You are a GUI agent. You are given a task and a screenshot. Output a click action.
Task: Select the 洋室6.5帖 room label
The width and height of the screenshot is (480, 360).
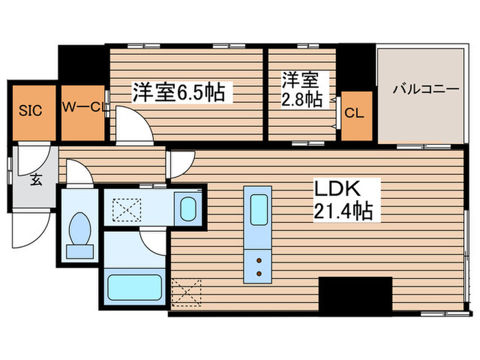coord(179,92)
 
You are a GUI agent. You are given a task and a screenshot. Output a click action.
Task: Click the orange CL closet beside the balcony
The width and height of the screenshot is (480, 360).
coord(355,114)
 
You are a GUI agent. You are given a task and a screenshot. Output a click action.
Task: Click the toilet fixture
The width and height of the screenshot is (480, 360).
coord(80,233)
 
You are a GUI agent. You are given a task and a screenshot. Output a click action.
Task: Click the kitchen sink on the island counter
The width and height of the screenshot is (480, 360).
coord(259,206)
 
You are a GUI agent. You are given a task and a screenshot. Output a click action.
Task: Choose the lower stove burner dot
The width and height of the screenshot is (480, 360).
coord(259,274)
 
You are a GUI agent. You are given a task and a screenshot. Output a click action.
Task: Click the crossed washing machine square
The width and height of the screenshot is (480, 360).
coord(126,208)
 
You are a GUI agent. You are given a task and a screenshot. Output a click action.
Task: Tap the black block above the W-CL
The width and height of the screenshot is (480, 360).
coord(82,64)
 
